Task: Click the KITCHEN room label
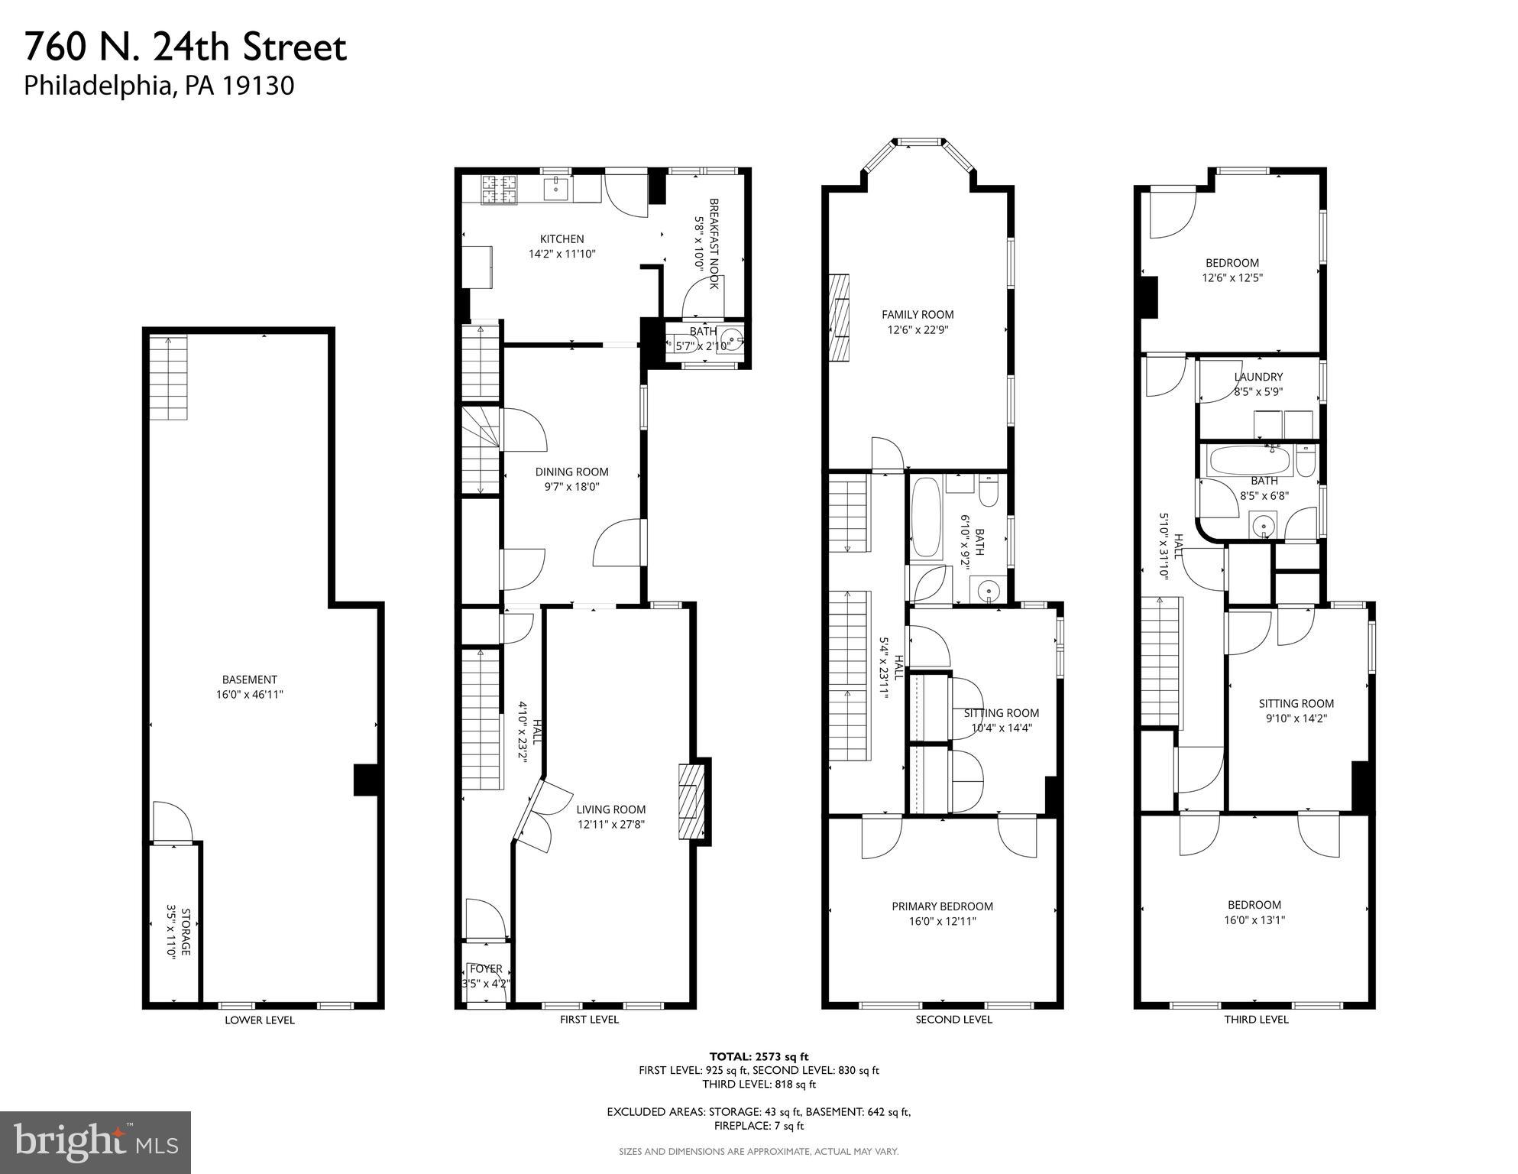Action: (562, 239)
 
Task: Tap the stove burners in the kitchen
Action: (499, 190)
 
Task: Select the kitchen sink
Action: (556, 186)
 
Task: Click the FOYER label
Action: (486, 969)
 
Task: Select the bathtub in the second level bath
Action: (925, 517)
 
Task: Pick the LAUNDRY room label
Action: (1258, 377)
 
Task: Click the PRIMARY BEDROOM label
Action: (942, 906)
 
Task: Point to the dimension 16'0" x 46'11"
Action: (249, 695)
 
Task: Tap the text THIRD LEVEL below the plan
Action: (1256, 1020)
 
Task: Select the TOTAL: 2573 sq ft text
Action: (759, 1056)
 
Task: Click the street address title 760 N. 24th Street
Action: (186, 47)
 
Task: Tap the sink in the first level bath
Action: (733, 339)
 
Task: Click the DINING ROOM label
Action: (571, 472)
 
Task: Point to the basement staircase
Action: (168, 378)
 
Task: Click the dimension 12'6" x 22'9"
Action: (918, 330)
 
